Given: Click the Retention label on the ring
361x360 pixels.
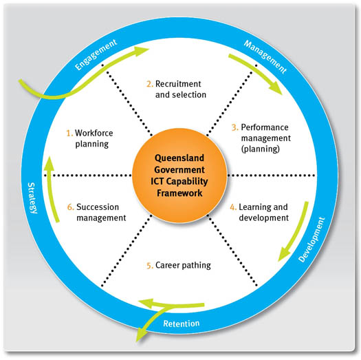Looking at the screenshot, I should coord(181,324).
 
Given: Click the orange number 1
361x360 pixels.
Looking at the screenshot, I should coord(68,132).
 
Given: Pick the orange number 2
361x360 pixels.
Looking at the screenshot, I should coord(149,83).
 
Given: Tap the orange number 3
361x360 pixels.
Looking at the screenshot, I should coord(234,127).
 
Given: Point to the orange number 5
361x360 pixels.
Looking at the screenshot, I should coord(149,264).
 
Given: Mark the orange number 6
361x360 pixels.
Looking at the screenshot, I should coord(69,206).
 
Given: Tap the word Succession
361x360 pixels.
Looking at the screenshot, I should coord(99,206).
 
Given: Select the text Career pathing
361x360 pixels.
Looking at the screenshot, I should coord(183,265).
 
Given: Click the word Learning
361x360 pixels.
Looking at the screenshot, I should coord(257,206).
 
